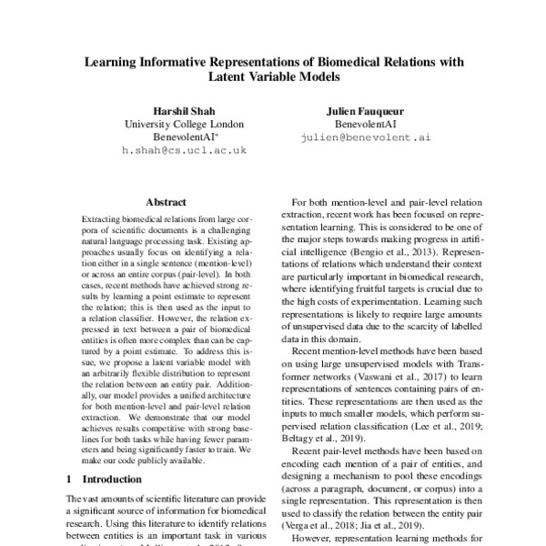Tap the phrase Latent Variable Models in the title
coord(273,80)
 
